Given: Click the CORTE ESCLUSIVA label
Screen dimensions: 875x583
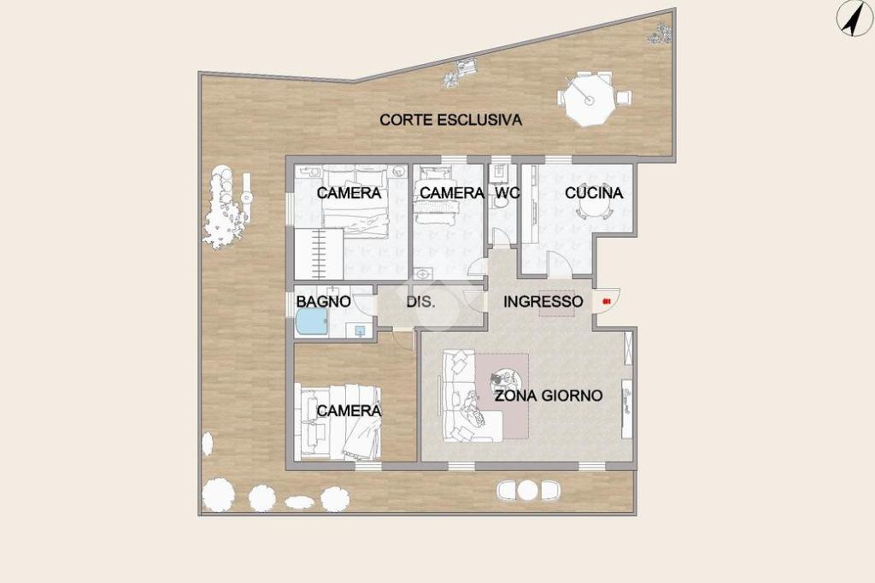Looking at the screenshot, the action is point(451,120).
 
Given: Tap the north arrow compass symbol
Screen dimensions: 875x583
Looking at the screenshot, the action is point(854,19).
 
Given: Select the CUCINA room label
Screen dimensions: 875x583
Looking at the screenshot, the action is point(594,192).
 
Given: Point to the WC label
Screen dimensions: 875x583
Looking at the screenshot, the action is point(508,192).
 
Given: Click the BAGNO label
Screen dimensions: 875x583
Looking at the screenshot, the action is point(324,302).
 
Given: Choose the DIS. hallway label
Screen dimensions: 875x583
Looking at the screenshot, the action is point(420,302).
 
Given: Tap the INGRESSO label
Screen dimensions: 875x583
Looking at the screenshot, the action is point(543,302).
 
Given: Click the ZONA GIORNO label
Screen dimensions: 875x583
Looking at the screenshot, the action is point(549,396).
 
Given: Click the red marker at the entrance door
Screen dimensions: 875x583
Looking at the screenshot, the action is point(606,302).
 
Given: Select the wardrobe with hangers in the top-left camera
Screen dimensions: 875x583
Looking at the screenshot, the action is point(319,254).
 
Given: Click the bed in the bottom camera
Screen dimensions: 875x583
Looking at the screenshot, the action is point(340,421).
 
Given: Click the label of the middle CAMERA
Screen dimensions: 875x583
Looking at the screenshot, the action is point(452,192).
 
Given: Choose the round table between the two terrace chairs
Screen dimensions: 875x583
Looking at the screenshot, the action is point(527,491).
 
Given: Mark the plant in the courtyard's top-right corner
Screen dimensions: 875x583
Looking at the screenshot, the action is point(660,33).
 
